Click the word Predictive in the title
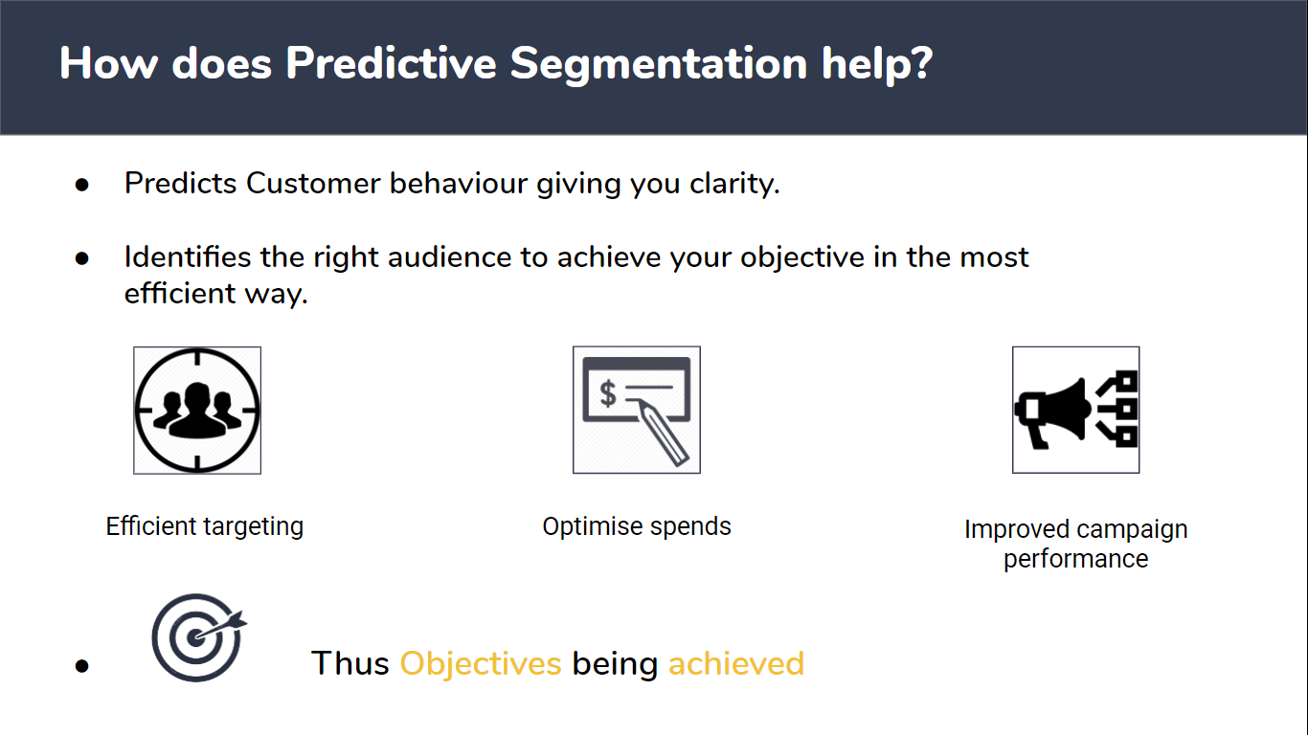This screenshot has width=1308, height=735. (391, 63)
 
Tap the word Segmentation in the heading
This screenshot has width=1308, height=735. (659, 64)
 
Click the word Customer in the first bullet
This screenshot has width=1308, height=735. (313, 184)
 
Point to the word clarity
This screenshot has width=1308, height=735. (734, 185)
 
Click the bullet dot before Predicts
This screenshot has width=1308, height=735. (81, 185)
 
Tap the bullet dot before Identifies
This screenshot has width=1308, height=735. (81, 258)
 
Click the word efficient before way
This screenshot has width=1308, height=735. (179, 293)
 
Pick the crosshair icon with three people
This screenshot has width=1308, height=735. (197, 410)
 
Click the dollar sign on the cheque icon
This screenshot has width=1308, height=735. (608, 393)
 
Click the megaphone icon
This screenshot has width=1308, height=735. (1075, 410)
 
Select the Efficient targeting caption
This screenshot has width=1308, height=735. (205, 526)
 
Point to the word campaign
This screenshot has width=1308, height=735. (1132, 530)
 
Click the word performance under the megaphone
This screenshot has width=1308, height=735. (1075, 559)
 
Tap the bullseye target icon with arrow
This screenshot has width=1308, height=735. (198, 637)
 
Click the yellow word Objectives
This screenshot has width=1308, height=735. (480, 664)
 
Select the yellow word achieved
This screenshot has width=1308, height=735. (736, 663)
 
